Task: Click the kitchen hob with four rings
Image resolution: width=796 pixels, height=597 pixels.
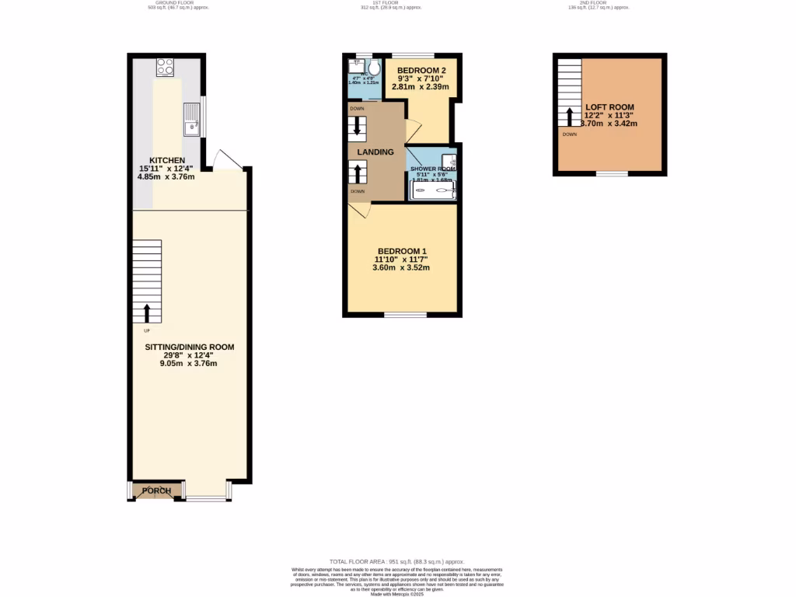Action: click(x=166, y=68)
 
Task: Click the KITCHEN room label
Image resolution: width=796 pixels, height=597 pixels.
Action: click(x=162, y=160)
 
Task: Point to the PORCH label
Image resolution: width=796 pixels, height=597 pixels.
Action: click(x=155, y=491)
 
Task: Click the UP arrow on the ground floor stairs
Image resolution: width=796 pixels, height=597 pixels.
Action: click(x=147, y=313)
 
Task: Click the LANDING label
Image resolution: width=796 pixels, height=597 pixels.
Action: click(x=375, y=152)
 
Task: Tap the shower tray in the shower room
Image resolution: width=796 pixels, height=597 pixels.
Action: click(x=433, y=190)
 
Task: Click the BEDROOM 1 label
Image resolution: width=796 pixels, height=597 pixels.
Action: click(x=400, y=250)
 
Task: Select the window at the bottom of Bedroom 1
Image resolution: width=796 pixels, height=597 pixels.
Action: click(x=405, y=315)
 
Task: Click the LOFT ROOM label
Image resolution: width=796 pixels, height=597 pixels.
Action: click(x=609, y=107)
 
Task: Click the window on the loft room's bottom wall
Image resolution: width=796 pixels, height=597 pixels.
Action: click(x=612, y=174)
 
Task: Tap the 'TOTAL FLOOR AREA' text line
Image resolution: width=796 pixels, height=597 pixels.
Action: click(x=396, y=561)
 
